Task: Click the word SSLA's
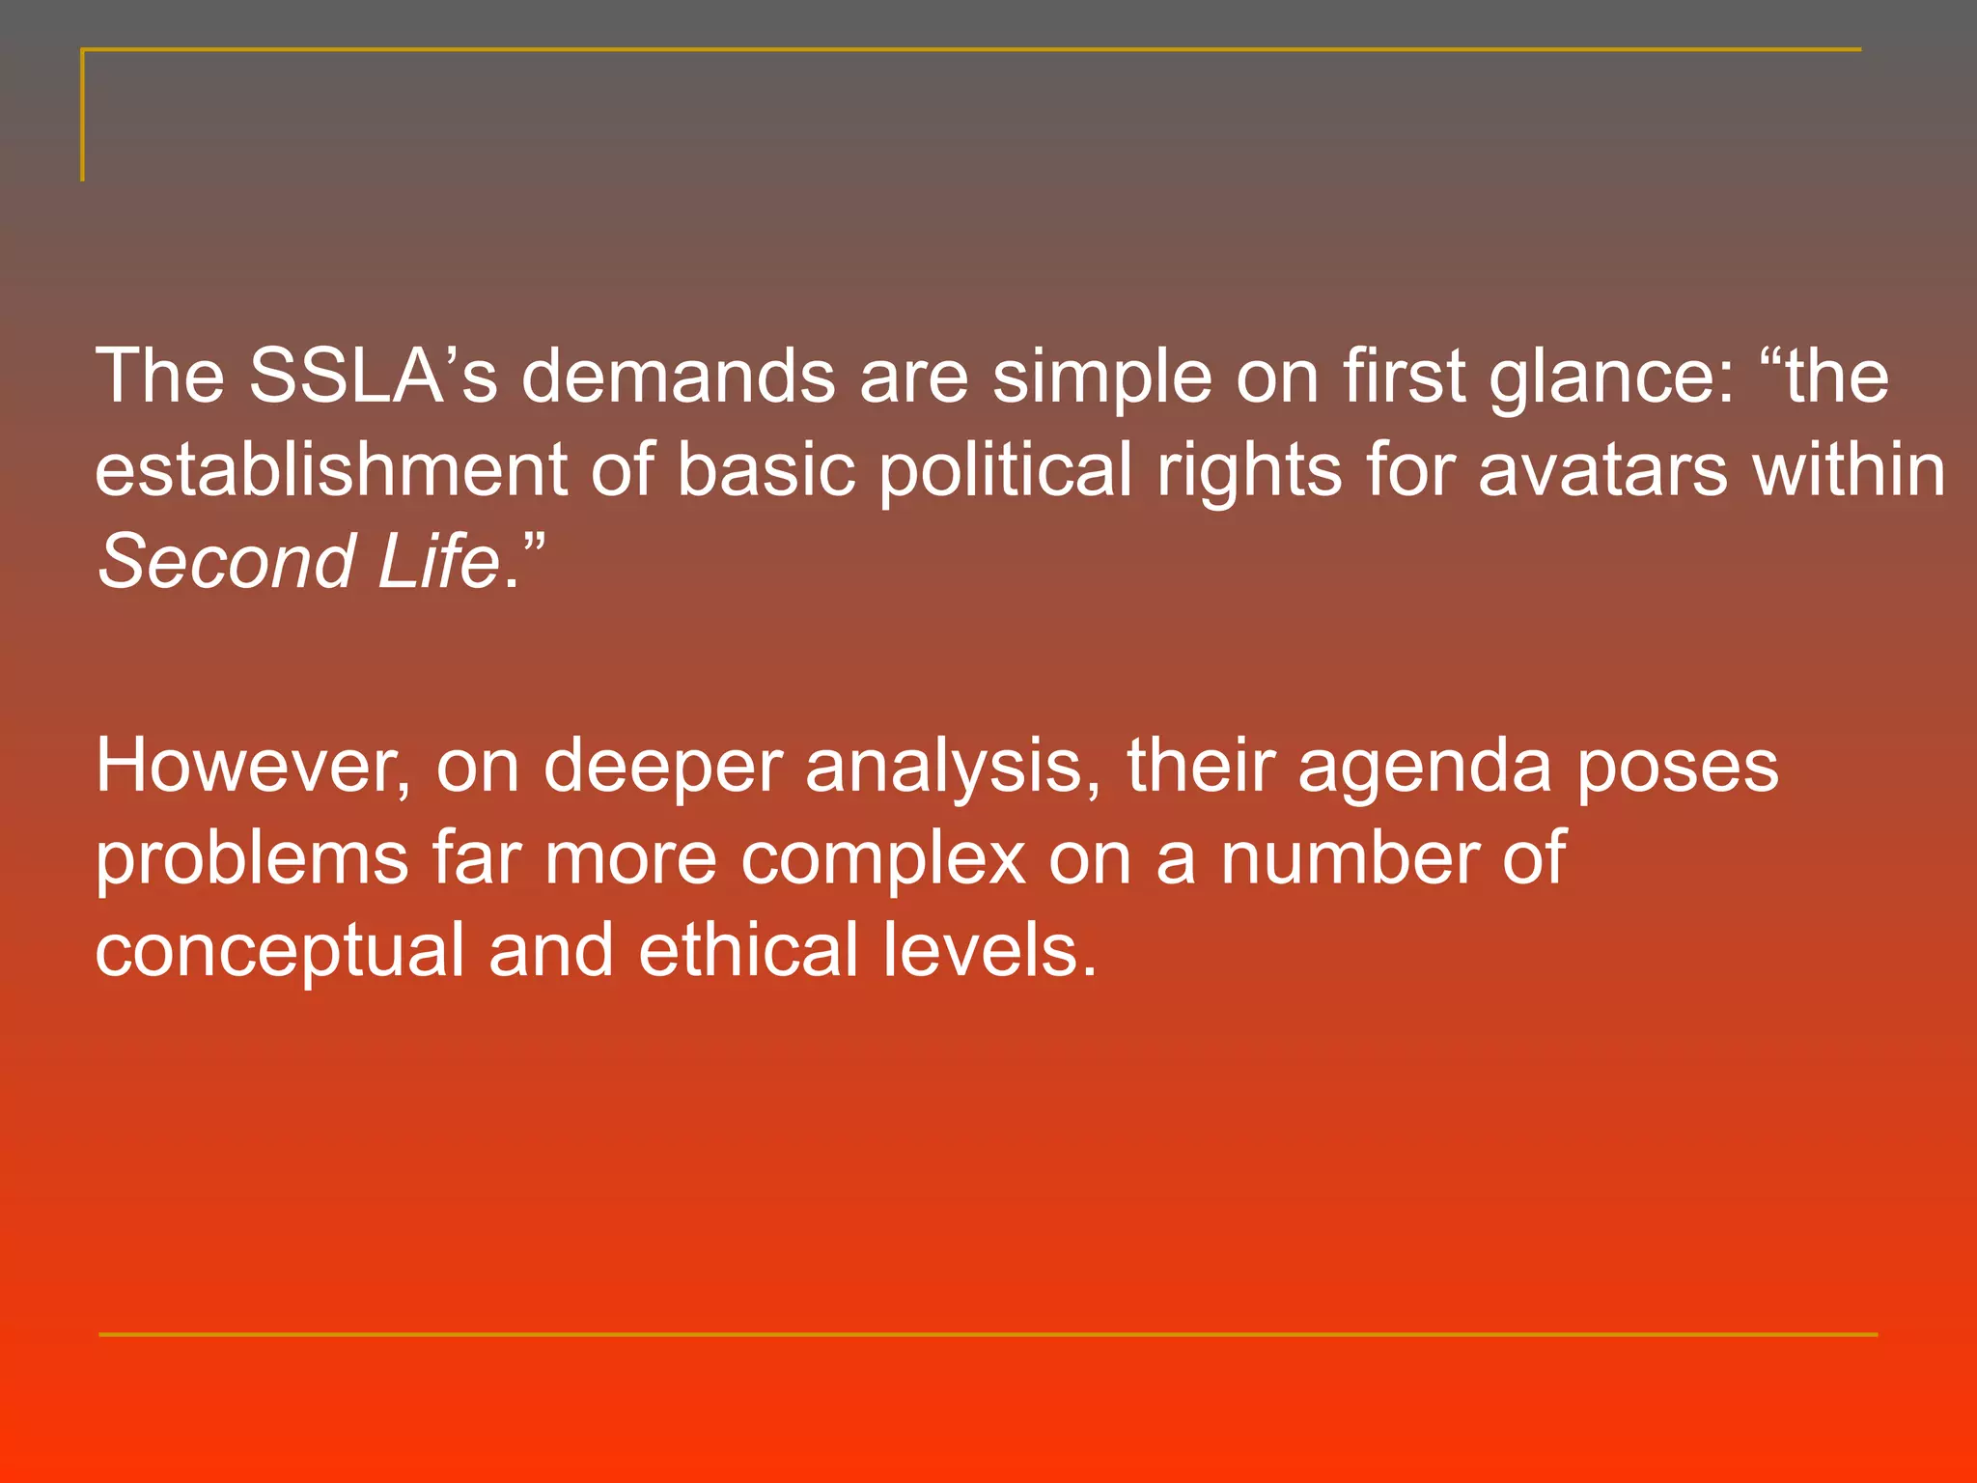coord(373,377)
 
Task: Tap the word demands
coord(678,377)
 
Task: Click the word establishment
coord(331,470)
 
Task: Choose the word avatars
coord(1602,470)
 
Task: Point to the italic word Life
coord(437,562)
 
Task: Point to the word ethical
coord(748,950)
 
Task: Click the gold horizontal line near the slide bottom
coord(988,1334)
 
